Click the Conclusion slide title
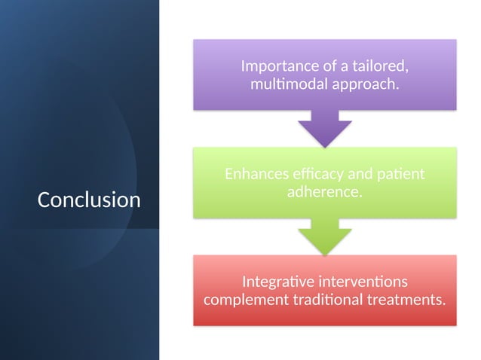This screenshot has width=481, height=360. click(x=89, y=200)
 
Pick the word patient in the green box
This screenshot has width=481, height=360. click(x=401, y=174)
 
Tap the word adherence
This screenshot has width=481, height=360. click(x=324, y=192)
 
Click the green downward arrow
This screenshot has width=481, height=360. click(x=324, y=236)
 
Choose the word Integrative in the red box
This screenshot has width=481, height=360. click(x=276, y=282)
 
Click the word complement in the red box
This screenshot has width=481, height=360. click(x=240, y=300)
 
